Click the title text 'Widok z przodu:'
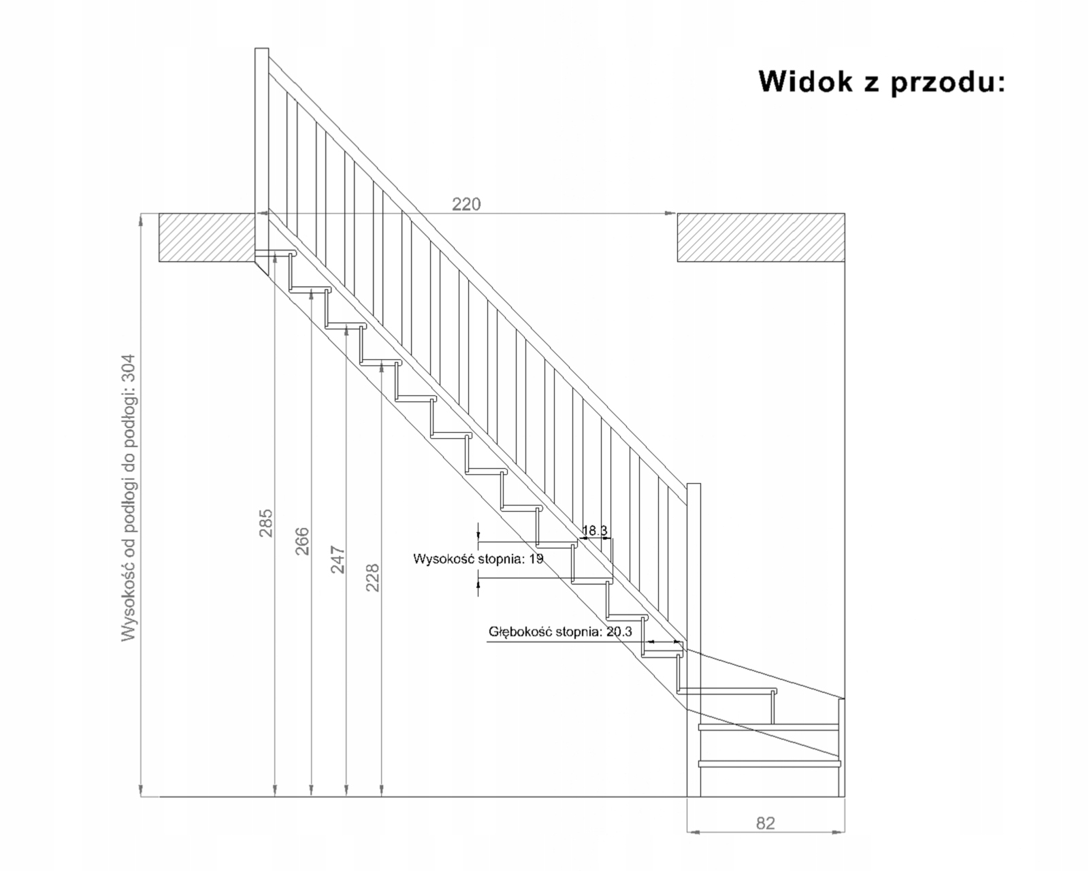click(881, 81)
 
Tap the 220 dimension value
click(466, 204)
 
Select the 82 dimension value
click(766, 823)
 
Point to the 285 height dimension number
click(266, 523)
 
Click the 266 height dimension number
click(302, 541)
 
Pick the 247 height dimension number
click(338, 559)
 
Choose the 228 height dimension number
click(373, 578)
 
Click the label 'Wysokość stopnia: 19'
click(478, 559)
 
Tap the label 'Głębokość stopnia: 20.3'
click(560, 631)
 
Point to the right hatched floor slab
click(760, 237)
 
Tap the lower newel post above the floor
click(694, 640)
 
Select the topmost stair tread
click(276, 253)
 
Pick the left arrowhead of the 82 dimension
click(691, 831)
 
